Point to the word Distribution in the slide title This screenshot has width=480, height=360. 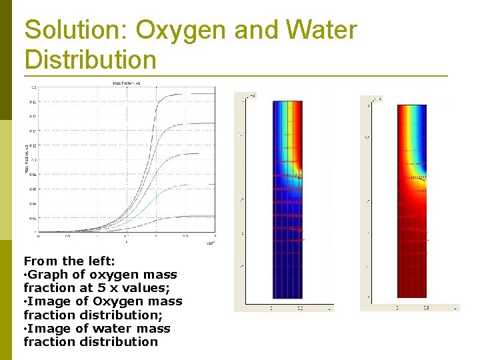90,59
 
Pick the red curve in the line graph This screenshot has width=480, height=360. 187,154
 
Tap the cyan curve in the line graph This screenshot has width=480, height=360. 193,185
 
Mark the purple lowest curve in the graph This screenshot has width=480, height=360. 193,216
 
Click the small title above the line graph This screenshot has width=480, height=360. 127,83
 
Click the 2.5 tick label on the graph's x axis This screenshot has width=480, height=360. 186,237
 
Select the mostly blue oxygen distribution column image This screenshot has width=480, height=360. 287,200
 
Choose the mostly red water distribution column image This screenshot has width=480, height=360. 412,200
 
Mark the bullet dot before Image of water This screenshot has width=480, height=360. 25,329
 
